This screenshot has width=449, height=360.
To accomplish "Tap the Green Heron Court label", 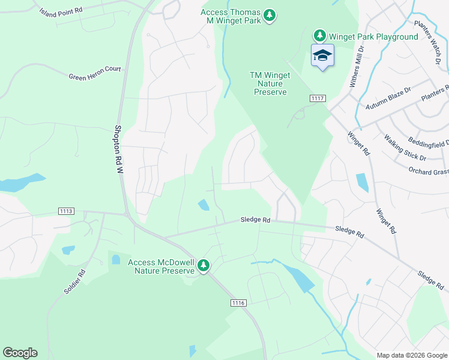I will (94, 73).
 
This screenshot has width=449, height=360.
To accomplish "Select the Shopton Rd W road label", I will (119, 149).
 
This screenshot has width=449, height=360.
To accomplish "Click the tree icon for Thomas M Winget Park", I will (270, 14).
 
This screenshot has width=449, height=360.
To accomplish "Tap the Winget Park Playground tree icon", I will (320, 37).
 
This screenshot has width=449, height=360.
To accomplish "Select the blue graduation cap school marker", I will (322, 56).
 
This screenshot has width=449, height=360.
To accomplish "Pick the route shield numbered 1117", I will (318, 98).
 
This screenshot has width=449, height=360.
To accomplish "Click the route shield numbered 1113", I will (67, 211).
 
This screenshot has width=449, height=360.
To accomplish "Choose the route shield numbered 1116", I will (238, 303).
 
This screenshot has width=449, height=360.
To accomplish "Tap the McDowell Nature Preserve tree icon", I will (204, 265).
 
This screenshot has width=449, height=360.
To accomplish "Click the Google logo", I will (20, 353).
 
